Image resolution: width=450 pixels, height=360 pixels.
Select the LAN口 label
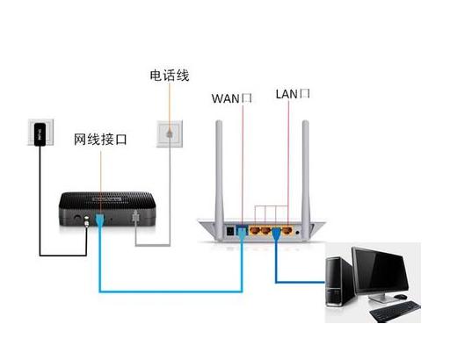294,93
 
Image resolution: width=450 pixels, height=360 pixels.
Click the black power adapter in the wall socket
39,136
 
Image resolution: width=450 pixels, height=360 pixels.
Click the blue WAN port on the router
242,233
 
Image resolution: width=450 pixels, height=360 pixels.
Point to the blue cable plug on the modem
101,220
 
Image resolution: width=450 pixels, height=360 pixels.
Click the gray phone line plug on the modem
134,220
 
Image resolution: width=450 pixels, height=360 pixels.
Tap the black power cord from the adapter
40,211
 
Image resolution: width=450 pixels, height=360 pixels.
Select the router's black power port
231,232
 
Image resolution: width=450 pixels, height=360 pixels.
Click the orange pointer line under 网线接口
101,176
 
